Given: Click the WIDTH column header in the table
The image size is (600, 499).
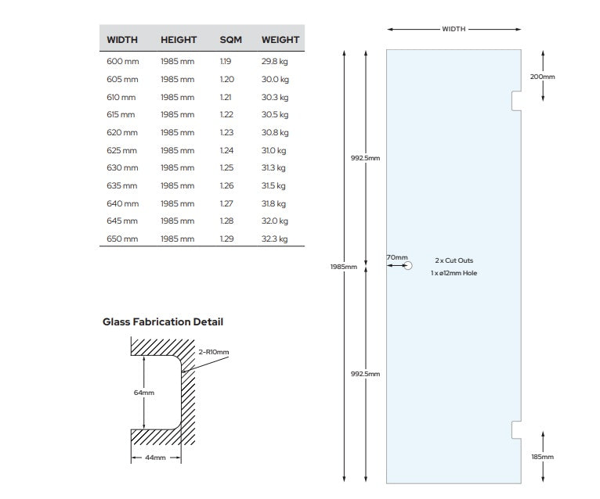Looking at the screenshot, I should (122, 39).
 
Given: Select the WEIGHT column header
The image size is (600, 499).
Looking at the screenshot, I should (280, 39).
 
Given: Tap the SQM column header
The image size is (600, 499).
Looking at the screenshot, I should (230, 39).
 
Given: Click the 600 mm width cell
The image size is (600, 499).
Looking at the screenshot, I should (121, 61).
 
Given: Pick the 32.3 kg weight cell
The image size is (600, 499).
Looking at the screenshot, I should (274, 239).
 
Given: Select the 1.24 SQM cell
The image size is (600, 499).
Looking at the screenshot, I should (226, 150).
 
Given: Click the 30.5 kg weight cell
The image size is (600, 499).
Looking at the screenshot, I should (274, 114).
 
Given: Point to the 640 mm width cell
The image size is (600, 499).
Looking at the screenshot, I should (121, 203).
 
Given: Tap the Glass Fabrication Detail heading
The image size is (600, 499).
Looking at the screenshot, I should (163, 321).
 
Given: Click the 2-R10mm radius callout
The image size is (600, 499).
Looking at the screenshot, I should (214, 351).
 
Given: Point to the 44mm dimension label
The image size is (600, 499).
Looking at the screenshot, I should (156, 458).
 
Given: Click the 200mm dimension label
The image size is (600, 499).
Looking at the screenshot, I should (542, 77).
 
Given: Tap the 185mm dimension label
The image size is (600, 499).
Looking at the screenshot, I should (542, 457).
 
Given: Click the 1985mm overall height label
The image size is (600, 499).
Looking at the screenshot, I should (345, 267).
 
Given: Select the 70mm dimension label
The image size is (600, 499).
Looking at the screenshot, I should (397, 257).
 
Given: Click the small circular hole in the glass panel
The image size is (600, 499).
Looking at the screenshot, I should (407, 266).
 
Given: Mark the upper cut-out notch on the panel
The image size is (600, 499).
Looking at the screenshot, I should (516, 101).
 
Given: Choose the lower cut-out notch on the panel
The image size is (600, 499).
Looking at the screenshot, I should (516, 429).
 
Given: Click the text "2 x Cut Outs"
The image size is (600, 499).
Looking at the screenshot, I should (454, 260).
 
